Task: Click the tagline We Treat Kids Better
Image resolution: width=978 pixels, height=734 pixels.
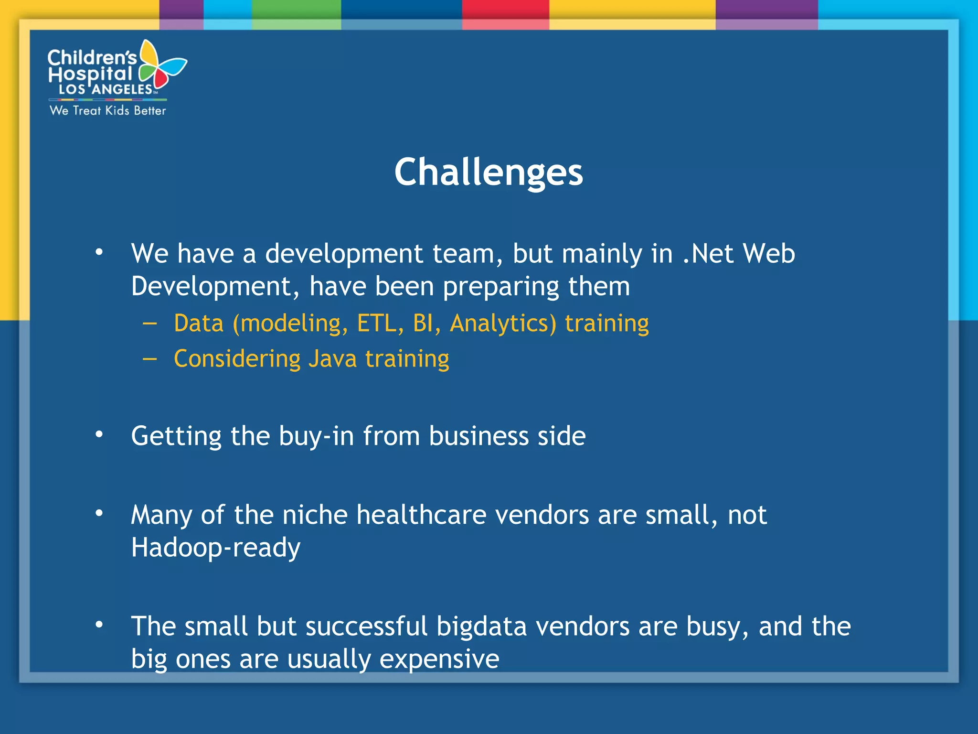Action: pos(108,110)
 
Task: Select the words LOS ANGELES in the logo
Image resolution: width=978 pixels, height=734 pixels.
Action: pos(106,89)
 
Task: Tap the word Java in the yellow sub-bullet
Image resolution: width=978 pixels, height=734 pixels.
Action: pos(332,358)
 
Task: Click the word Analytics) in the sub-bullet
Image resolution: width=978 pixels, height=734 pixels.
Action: pos(503,323)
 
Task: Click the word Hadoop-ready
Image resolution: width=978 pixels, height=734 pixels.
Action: pos(216,547)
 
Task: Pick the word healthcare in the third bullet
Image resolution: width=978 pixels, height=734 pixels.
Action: pos(421,515)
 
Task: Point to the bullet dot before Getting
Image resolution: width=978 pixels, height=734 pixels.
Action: pos(99,434)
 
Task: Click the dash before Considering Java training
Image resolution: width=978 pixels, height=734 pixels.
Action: pos(149,359)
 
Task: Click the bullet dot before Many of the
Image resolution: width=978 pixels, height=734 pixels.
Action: pos(99,513)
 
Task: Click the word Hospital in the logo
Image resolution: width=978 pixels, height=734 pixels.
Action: pos(90,74)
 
